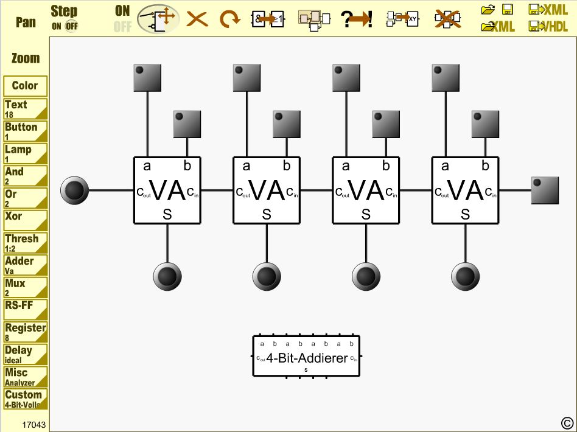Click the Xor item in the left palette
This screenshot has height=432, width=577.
click(25, 220)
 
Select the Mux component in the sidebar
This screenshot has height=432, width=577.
click(25, 287)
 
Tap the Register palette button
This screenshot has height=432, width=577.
click(25, 332)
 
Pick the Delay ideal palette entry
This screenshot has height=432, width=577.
click(25, 354)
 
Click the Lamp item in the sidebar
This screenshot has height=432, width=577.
click(25, 153)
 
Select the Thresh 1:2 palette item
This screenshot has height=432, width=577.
click(25, 242)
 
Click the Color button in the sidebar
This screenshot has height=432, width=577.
click(25, 86)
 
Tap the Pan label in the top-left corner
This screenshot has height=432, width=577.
click(26, 22)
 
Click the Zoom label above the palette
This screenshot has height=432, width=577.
click(26, 58)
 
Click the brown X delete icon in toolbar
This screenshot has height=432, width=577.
click(197, 19)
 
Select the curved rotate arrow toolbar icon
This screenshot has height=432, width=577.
click(229, 19)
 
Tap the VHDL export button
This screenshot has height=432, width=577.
click(548, 26)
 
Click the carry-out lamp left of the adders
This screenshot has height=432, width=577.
click(75, 190)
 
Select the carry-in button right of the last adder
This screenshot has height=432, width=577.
click(545, 190)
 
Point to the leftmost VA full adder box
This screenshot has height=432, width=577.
click(167, 190)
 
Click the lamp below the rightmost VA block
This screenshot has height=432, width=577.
click(465, 276)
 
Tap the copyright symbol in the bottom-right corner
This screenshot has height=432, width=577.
click(566, 422)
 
